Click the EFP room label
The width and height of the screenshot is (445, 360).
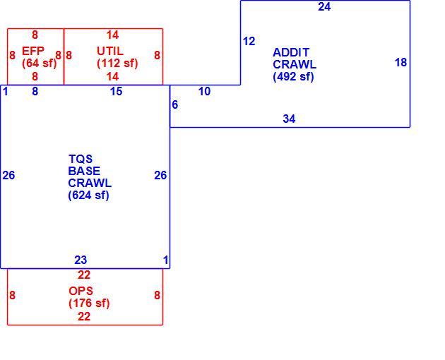pyautogui.click(x=33, y=51)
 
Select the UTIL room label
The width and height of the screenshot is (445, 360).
pyautogui.click(x=110, y=51)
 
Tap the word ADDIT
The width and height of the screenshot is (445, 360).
pyautogui.click(x=291, y=52)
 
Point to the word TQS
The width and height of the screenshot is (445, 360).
pyautogui.click(x=81, y=159)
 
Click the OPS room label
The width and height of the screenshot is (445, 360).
pyautogui.click(x=81, y=291)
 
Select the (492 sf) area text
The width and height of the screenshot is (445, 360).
pyautogui.click(x=293, y=77)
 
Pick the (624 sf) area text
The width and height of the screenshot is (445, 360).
pyautogui.click(x=88, y=196)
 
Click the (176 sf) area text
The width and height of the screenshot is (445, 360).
pyautogui.click(x=89, y=304)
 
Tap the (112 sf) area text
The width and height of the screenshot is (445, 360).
pyautogui.click(x=117, y=63)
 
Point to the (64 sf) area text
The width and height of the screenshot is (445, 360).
pyautogui.click(x=40, y=63)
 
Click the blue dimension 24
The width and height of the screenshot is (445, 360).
pyautogui.click(x=324, y=6)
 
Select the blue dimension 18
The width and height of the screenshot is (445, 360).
pyautogui.click(x=400, y=62)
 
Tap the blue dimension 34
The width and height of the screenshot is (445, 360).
pyautogui.click(x=289, y=119)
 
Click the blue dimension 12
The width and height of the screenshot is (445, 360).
pyautogui.click(x=249, y=42)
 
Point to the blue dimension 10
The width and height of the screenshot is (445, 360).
pyautogui.click(x=204, y=91)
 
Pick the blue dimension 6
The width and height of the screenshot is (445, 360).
pyautogui.click(x=175, y=104)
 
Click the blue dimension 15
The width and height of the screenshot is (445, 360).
pyautogui.click(x=116, y=91)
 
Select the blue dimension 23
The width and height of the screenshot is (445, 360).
pyautogui.click(x=81, y=260)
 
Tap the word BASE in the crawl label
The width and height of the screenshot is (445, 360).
pyautogui.click(x=84, y=171)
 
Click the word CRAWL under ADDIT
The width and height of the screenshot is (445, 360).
pyautogui.click(x=295, y=64)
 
